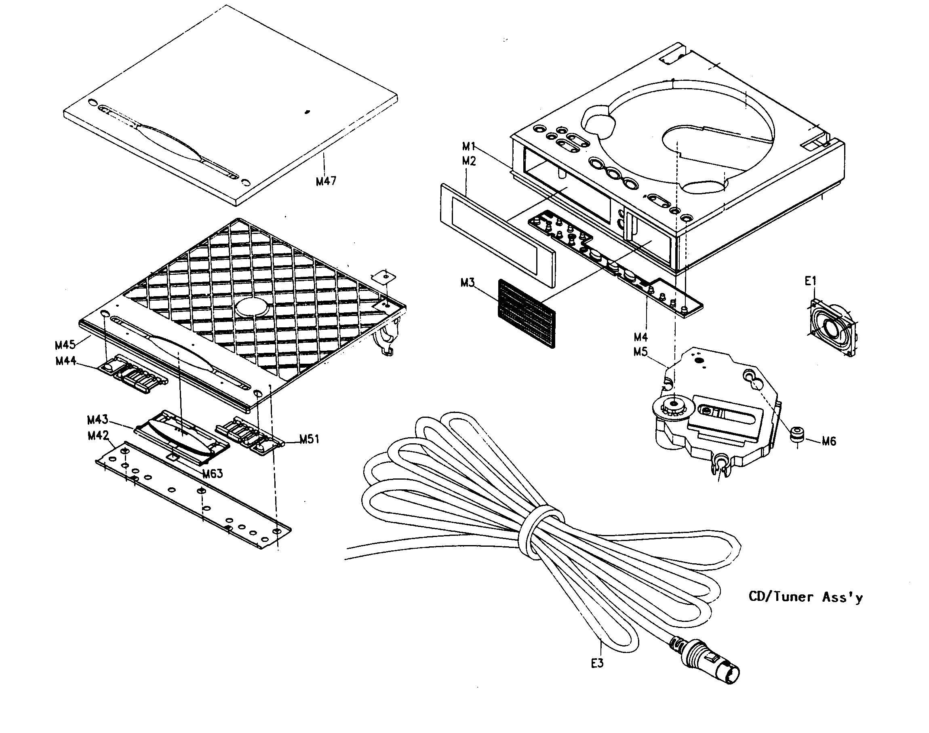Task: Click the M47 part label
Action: (x=326, y=181)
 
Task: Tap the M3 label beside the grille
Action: (x=467, y=283)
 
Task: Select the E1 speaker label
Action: (x=810, y=282)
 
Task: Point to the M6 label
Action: (x=829, y=441)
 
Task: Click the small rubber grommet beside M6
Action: (x=797, y=434)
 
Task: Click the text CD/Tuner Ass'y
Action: (x=805, y=597)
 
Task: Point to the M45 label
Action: (x=65, y=345)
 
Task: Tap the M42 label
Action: (x=98, y=436)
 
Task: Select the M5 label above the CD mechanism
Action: (x=640, y=352)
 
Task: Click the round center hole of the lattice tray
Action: (x=252, y=307)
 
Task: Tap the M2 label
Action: (x=469, y=161)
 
